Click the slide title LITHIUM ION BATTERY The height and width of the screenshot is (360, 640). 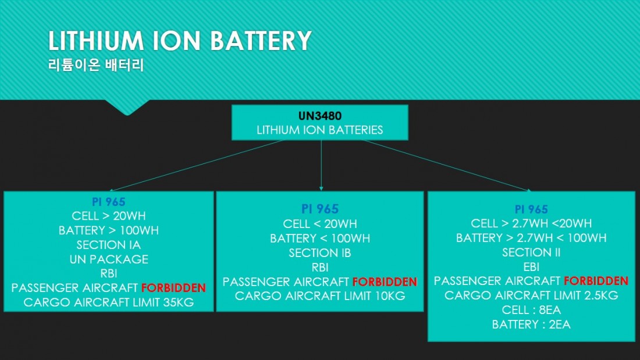[x=179, y=41]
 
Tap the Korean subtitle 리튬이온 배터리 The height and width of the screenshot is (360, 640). [x=95, y=65]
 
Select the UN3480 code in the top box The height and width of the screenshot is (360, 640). [x=319, y=116]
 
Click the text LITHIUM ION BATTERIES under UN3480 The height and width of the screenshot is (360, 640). [x=319, y=130]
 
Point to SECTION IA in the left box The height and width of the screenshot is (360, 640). [x=108, y=245]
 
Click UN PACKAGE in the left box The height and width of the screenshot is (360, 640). [x=108, y=259]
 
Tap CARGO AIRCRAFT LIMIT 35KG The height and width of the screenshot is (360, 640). [x=108, y=302]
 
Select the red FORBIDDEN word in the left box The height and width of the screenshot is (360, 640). [x=173, y=288]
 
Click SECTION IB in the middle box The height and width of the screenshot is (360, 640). [x=319, y=253]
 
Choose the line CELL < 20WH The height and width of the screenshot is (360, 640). [x=319, y=224]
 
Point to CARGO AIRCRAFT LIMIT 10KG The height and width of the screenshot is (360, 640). [x=319, y=296]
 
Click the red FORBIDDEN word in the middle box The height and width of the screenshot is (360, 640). [x=385, y=282]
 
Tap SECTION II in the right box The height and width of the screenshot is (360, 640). [x=531, y=252]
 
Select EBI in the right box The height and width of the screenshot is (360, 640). [x=531, y=267]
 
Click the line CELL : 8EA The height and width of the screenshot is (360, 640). [x=531, y=310]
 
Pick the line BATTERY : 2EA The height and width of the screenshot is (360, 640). [x=531, y=325]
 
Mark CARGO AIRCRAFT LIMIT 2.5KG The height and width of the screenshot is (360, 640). [x=531, y=295]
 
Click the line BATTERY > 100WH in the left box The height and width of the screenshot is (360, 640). [x=108, y=230]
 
